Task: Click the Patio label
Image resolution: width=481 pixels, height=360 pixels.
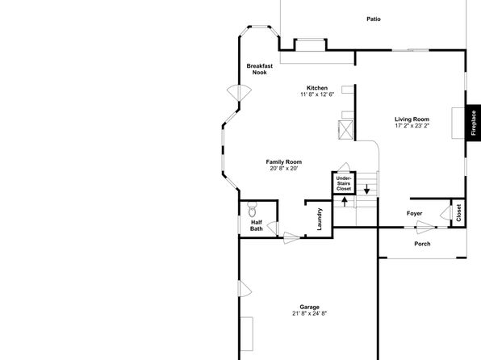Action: click(374, 19)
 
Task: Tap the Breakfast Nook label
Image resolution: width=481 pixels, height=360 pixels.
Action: click(260, 69)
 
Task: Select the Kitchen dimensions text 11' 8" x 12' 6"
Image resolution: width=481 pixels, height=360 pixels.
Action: click(317, 94)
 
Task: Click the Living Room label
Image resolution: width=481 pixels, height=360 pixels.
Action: click(412, 119)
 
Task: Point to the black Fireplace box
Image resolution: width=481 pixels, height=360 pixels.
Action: click(473, 123)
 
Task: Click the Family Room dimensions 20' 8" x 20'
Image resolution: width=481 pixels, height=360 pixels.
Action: click(284, 169)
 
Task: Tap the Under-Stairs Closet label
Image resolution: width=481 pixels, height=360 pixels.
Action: click(344, 183)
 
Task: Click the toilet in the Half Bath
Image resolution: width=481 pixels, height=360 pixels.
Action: click(252, 209)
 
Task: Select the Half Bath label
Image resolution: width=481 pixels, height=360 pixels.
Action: click(257, 225)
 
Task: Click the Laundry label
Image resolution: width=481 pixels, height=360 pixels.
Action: click(320, 219)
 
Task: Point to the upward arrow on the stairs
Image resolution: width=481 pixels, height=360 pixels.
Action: click(345, 202)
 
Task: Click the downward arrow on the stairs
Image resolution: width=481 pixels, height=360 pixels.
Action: click(366, 189)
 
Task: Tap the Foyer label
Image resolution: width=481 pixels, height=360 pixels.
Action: click(415, 213)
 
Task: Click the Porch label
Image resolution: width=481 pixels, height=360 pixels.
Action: click(422, 244)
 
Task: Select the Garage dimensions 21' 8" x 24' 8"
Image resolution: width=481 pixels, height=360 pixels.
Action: click(310, 313)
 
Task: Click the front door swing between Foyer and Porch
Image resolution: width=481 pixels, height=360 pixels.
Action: click(426, 228)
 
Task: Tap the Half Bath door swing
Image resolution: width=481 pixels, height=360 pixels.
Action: click(273, 228)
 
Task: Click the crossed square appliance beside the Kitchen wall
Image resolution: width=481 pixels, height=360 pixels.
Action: click(345, 130)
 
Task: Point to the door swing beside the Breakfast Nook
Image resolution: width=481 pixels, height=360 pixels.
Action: click(239, 93)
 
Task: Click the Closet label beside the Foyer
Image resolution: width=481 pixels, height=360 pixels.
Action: click(458, 213)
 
